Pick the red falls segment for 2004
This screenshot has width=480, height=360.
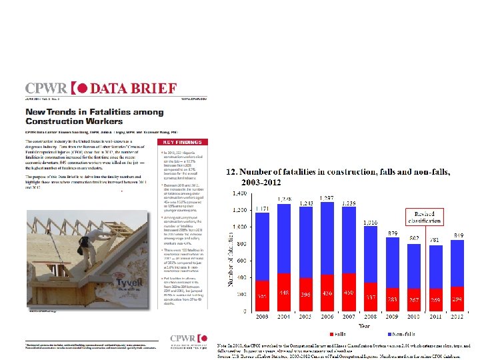(x=265, y=292)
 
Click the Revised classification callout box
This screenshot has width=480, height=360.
(x=425, y=217)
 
